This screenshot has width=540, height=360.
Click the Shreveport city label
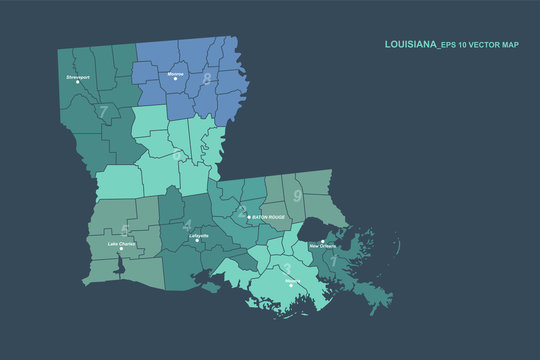pyautogui.click(x=78, y=76)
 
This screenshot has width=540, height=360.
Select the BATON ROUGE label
pyautogui.click(x=267, y=216)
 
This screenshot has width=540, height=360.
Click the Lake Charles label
pyautogui.click(x=121, y=243)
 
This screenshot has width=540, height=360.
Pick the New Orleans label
pyautogui.click(x=323, y=245)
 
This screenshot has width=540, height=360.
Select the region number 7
pyautogui.click(x=103, y=112)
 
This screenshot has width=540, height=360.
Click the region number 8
pyautogui.click(x=207, y=80)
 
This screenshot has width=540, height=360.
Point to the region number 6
pyautogui.click(x=178, y=156)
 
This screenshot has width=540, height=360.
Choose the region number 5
pyautogui.click(x=124, y=230)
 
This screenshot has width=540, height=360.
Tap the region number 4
pyautogui.click(x=187, y=226)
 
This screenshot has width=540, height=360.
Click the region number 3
pyautogui.click(x=287, y=268)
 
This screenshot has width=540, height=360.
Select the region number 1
pyautogui.click(x=333, y=261)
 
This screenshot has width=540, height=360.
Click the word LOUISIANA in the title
pyautogui.click(x=412, y=45)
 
